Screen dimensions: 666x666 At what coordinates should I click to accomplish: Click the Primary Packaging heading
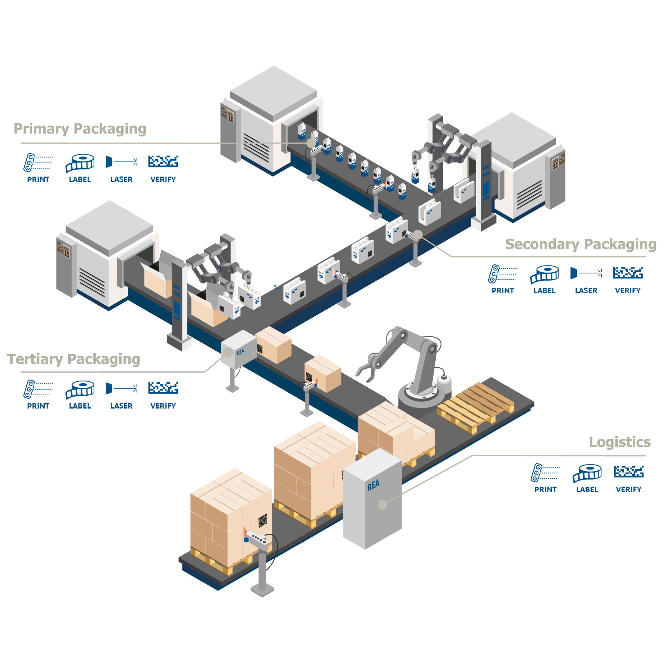pyautogui.click(x=80, y=129)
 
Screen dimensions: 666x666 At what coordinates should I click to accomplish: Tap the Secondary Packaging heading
pyautogui.click(x=580, y=244)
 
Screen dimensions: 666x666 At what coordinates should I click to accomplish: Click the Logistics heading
pyautogui.click(x=619, y=442)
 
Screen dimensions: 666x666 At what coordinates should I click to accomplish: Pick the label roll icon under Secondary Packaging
pyautogui.click(x=544, y=274)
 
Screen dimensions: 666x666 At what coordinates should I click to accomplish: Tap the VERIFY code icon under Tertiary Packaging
pyautogui.click(x=163, y=388)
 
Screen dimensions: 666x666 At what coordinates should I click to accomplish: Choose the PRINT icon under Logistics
pyautogui.click(x=545, y=473)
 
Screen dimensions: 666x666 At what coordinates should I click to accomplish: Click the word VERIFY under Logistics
pyautogui.click(x=628, y=490)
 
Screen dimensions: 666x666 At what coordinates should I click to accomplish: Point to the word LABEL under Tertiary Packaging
pyautogui.click(x=80, y=406)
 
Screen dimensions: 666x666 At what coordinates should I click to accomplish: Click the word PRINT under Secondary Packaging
pyautogui.click(x=502, y=291)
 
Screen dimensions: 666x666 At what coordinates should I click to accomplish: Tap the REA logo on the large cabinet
pyautogui.click(x=373, y=486)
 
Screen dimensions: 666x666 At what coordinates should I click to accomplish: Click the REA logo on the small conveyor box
pyautogui.click(x=240, y=352)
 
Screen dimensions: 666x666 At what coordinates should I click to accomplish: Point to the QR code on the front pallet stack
pyautogui.click(x=262, y=520)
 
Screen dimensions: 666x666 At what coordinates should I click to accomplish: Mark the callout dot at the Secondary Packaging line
pyautogui.click(x=418, y=234)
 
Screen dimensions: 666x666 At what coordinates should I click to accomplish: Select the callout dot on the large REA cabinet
pyautogui.click(x=382, y=505)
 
